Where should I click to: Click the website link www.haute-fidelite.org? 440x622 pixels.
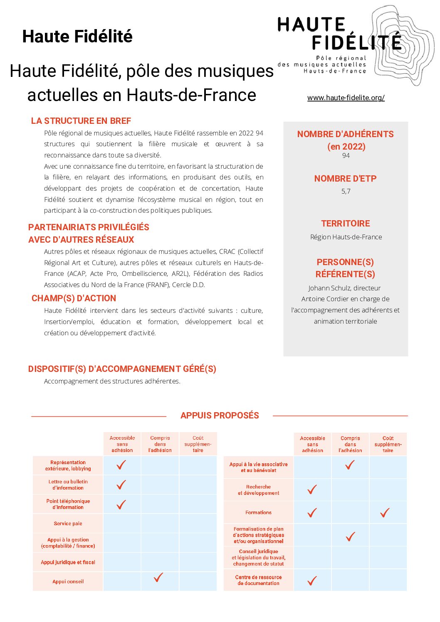(346, 98)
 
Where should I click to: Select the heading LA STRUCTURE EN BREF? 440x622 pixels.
(81, 121)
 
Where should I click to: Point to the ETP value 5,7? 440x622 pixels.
(346, 191)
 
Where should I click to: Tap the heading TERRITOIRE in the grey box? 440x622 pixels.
(346, 224)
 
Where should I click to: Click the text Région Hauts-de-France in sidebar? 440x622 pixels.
(346, 237)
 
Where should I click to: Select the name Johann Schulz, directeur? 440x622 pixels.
(344, 288)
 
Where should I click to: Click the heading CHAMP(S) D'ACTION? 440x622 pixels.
(74, 298)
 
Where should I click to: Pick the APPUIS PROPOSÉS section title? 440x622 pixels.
(220, 415)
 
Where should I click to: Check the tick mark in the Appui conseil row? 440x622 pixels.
(158, 577)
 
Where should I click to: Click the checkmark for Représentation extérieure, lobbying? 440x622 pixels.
(121, 465)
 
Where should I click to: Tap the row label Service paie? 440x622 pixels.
(68, 524)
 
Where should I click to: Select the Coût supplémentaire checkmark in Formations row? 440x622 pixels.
(385, 513)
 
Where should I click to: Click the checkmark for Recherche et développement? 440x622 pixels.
(312, 489)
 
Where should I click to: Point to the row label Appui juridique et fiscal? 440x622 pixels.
(68, 562)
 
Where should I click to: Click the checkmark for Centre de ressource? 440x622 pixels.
(312, 580)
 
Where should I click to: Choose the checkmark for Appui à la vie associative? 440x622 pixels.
(350, 465)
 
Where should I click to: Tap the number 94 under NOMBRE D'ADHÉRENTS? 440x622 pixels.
(346, 155)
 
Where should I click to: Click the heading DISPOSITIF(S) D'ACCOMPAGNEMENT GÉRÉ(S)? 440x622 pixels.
(122, 369)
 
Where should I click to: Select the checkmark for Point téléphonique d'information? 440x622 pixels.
(121, 504)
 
